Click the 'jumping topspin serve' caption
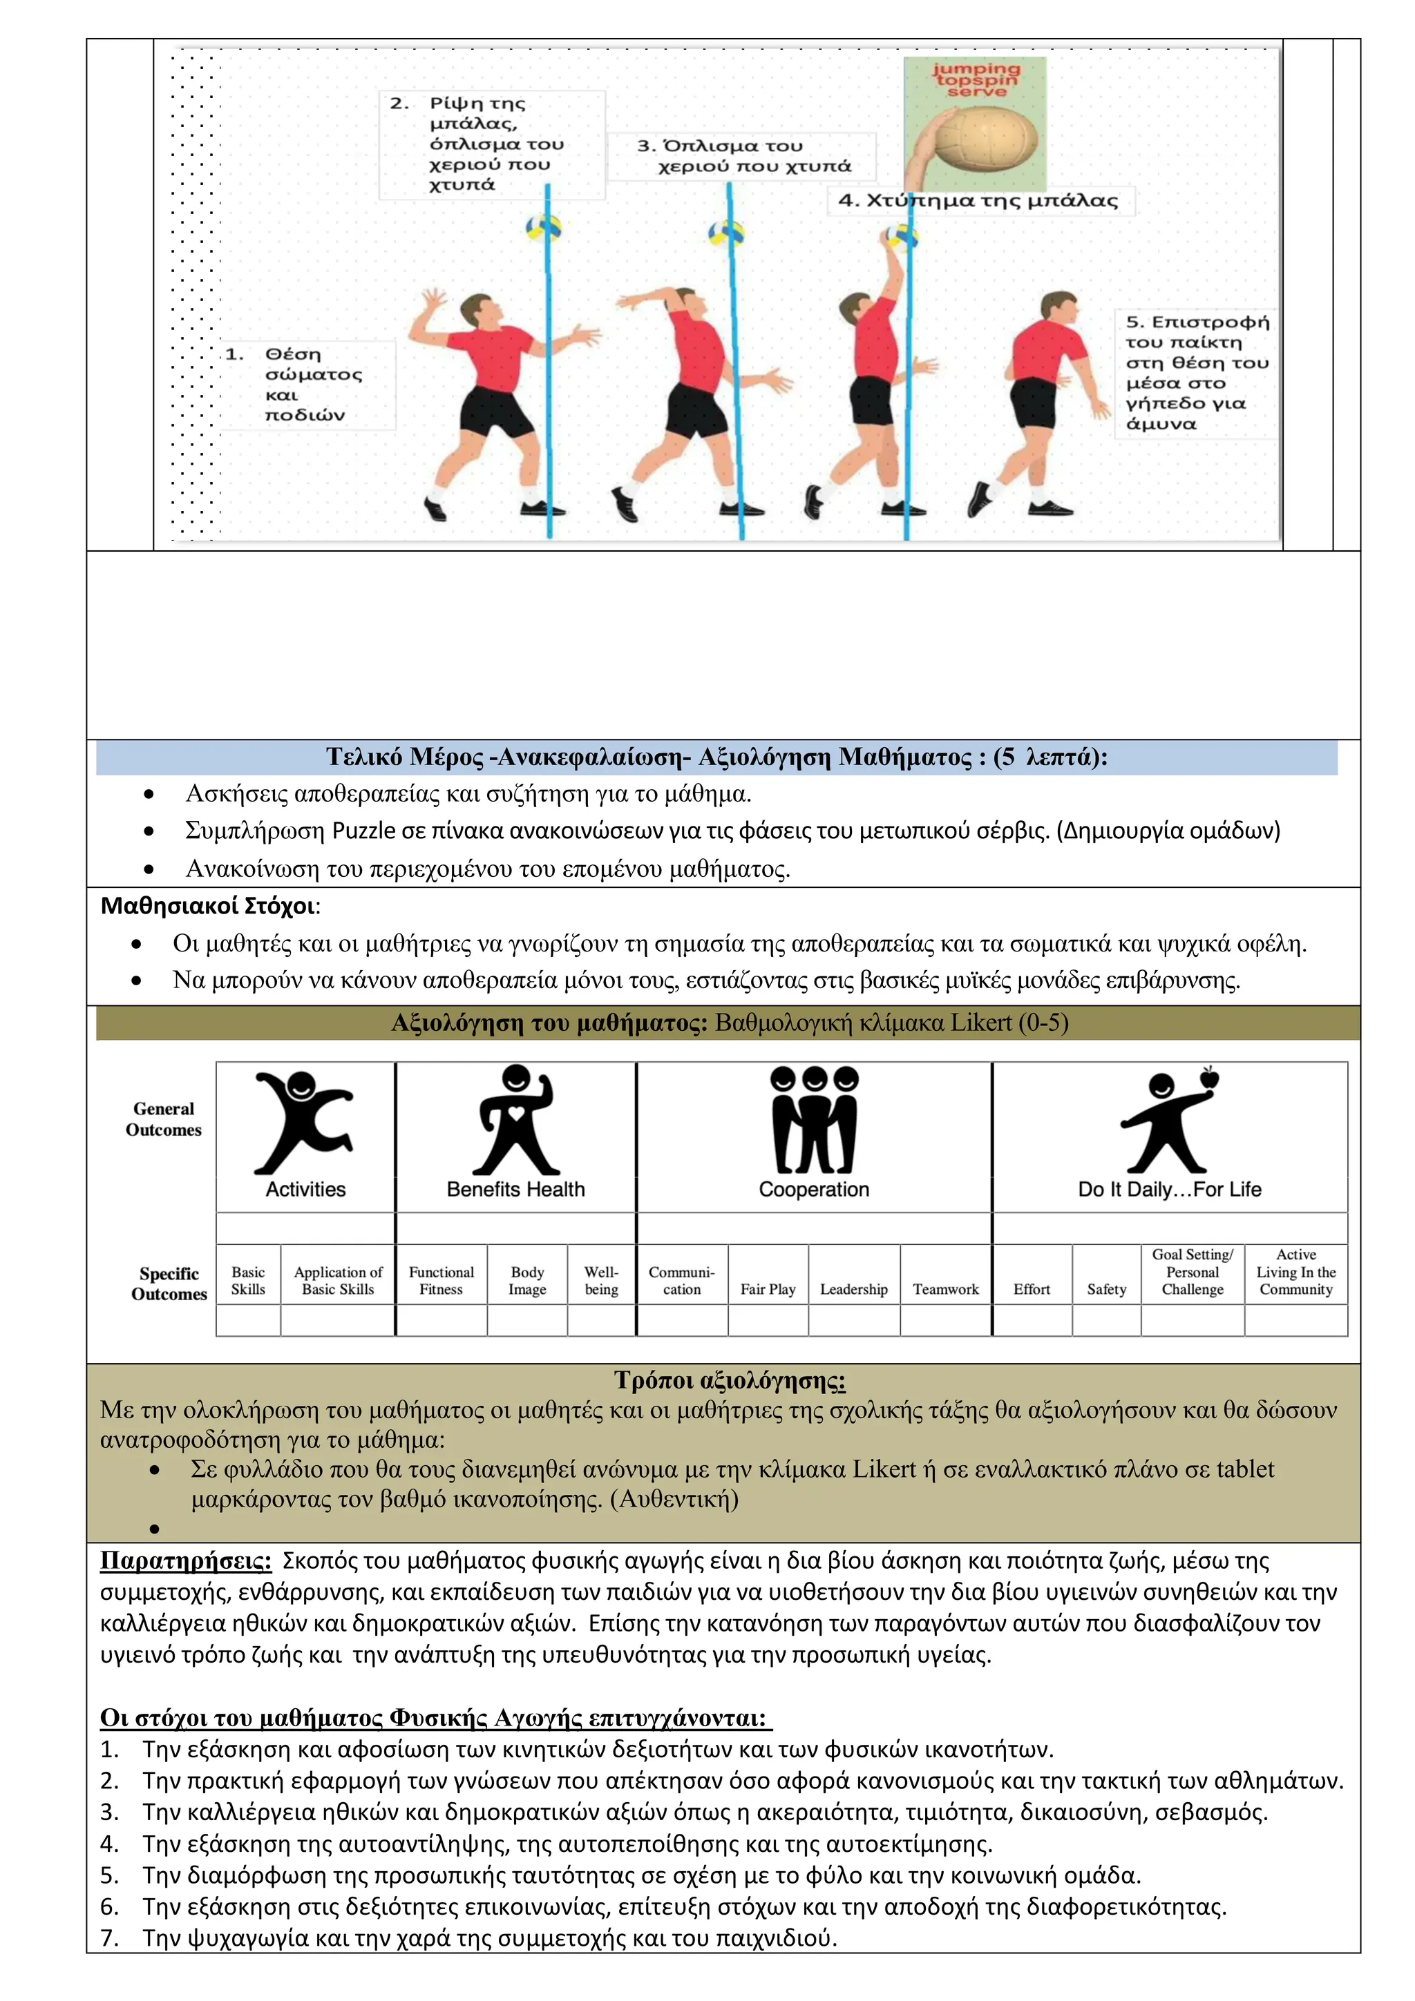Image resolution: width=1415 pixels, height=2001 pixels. click(x=976, y=79)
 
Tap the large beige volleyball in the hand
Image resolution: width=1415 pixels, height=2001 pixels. click(x=985, y=143)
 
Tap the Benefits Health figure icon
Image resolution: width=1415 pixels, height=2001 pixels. click(x=516, y=1121)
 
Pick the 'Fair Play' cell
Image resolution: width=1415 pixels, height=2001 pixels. click(x=768, y=1289)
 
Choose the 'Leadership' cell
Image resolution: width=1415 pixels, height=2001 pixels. click(x=853, y=1289)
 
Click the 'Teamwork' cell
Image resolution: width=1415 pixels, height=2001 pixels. click(x=945, y=1289)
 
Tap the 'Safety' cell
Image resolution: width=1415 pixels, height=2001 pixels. click(x=1106, y=1289)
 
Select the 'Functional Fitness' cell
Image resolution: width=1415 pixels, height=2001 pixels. click(x=441, y=1280)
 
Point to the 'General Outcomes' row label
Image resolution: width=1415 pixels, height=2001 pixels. click(x=163, y=1119)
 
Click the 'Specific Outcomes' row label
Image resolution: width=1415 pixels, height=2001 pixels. click(x=169, y=1284)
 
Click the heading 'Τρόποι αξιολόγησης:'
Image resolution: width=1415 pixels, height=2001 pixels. click(x=729, y=1380)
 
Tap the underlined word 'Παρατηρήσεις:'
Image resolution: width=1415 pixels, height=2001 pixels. click(x=186, y=1560)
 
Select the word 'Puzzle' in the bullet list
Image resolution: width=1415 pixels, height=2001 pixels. click(x=363, y=831)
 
